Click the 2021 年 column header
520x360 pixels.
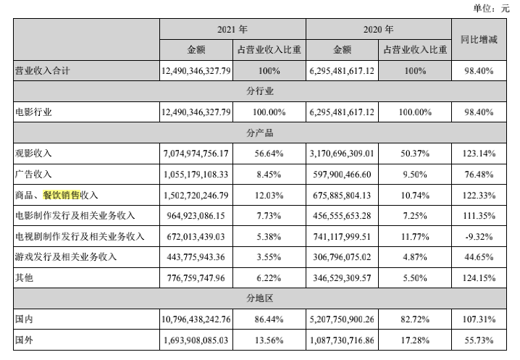[232, 30]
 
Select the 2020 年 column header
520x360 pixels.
[378, 30]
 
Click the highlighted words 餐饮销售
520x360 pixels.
[62, 195]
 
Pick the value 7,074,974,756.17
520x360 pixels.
[197, 154]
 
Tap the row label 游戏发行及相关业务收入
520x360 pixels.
[66, 256]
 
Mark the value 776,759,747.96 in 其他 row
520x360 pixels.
[197, 277]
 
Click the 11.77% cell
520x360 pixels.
[414, 236]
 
